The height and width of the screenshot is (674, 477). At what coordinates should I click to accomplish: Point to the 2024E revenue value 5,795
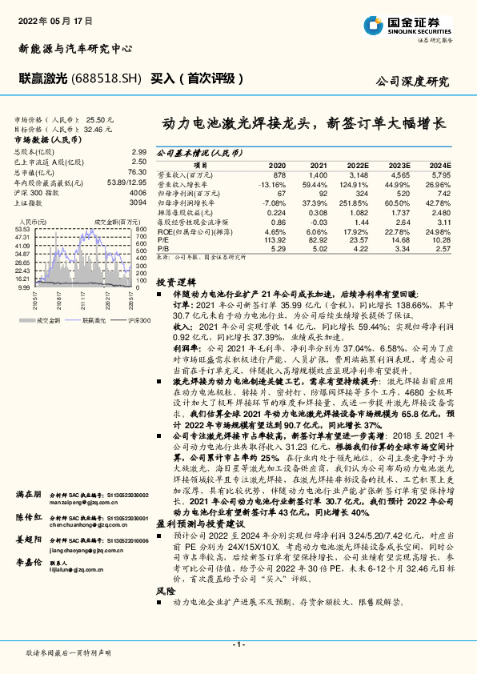tap(442, 174)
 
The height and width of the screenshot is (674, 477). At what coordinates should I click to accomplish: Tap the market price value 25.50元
tap(101, 118)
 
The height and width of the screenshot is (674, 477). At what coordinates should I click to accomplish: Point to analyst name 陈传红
tap(29, 520)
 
